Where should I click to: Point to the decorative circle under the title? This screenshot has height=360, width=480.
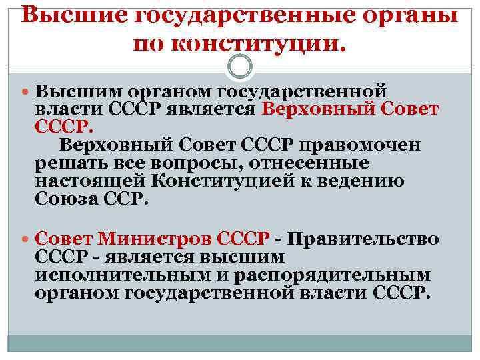coord(240,66)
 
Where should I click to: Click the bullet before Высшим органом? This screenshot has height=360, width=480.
coord(26,91)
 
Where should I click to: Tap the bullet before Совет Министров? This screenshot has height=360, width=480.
coord(26,239)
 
